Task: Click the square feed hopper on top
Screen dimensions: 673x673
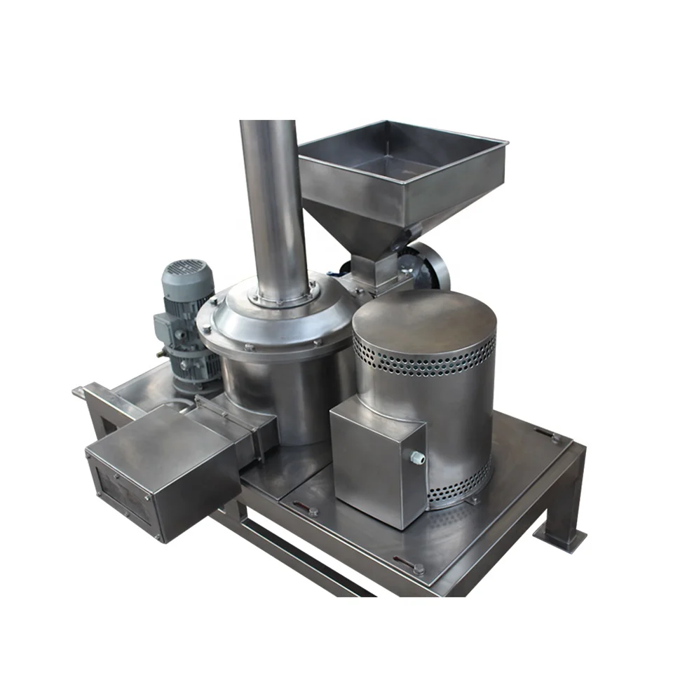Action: coord(403,168)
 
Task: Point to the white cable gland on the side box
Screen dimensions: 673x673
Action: coord(418,457)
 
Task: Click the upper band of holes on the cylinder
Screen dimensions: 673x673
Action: coord(424,358)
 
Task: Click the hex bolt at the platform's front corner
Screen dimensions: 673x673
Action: coord(418,569)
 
